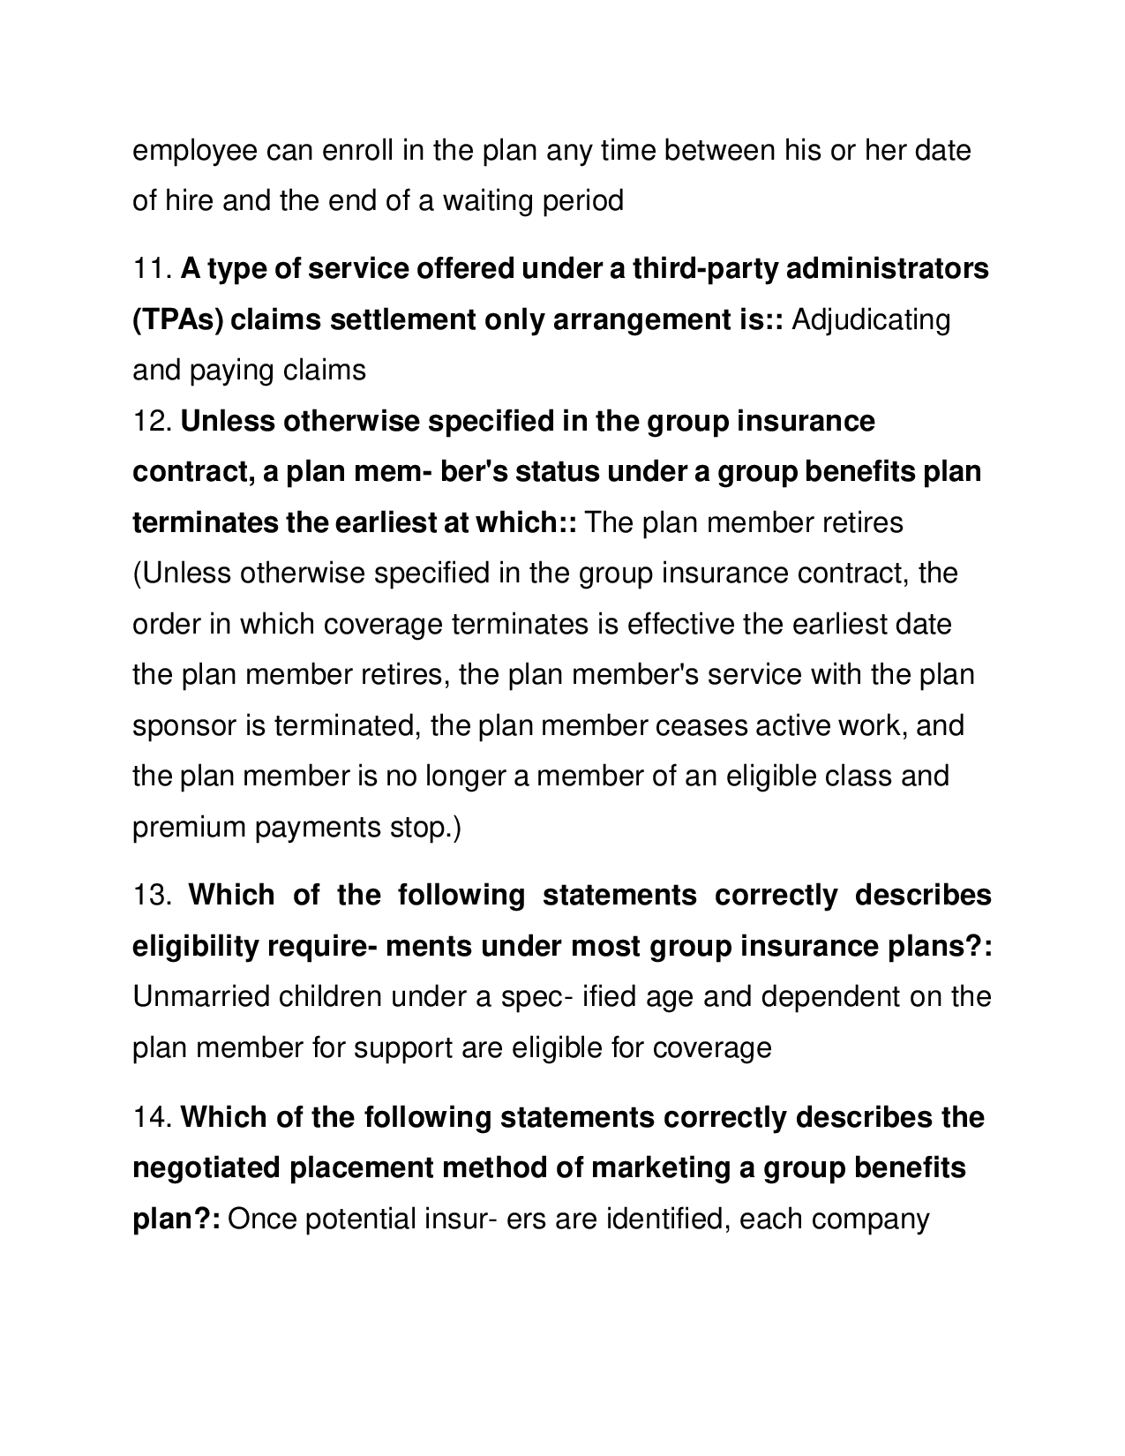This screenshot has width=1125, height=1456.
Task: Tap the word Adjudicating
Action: [x=871, y=319]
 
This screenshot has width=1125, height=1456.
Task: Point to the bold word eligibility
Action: [x=195, y=947]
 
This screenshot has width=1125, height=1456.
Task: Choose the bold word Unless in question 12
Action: [x=228, y=422]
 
